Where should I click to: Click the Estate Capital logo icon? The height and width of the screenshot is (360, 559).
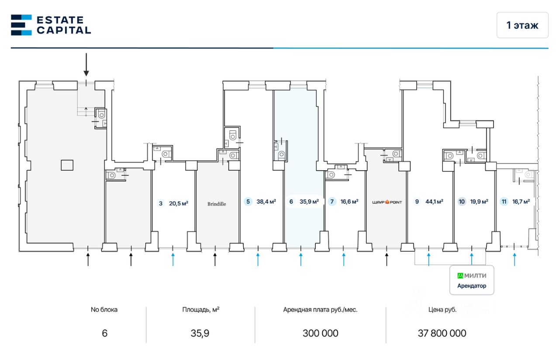[21, 25]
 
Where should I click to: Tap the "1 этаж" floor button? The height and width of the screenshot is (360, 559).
[522, 25]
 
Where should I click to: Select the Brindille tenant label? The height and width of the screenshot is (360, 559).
[217, 204]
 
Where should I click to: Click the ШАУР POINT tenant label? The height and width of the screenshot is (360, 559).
[386, 202]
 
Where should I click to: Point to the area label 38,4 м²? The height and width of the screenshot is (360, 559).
[266, 202]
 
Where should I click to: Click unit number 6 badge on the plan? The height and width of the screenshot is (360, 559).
[291, 202]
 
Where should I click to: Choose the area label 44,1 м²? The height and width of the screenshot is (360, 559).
[434, 202]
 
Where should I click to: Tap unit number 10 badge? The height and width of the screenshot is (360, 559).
[462, 202]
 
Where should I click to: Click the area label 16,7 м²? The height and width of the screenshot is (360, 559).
[521, 202]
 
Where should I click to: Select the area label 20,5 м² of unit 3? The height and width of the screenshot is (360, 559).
[179, 203]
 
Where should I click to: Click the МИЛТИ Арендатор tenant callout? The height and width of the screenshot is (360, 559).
[472, 280]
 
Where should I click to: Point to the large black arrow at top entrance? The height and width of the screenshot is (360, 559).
[86, 65]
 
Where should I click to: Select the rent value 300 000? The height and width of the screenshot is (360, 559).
[320, 333]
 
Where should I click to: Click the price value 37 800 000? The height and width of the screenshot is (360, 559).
[442, 333]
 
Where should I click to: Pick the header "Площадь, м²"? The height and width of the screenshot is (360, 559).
[200, 310]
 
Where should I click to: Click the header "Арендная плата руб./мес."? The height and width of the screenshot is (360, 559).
[320, 310]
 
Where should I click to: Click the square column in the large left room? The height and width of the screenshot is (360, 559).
[67, 165]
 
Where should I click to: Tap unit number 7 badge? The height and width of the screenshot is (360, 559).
[332, 202]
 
